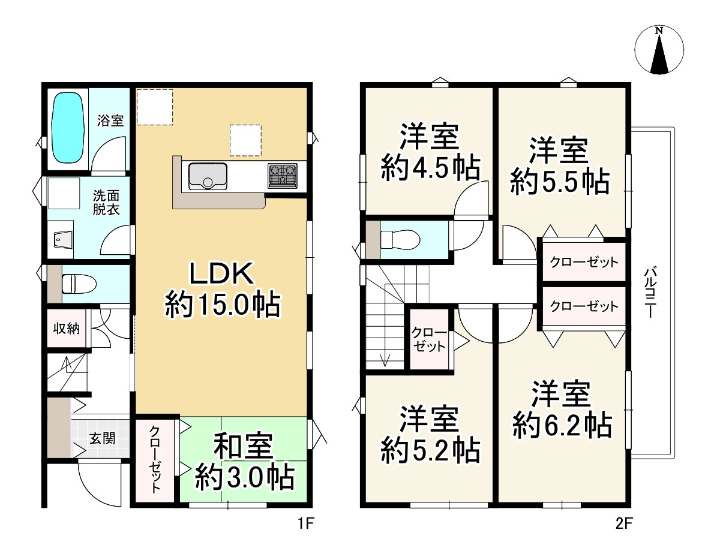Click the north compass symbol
tap(659, 50)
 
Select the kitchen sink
tap(208, 176)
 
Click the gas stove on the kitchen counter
tap(282, 176)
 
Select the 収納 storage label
tap(68, 329)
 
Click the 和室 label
tap(244, 446)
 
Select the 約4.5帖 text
tap(430, 168)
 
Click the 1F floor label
tap(305, 526)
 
